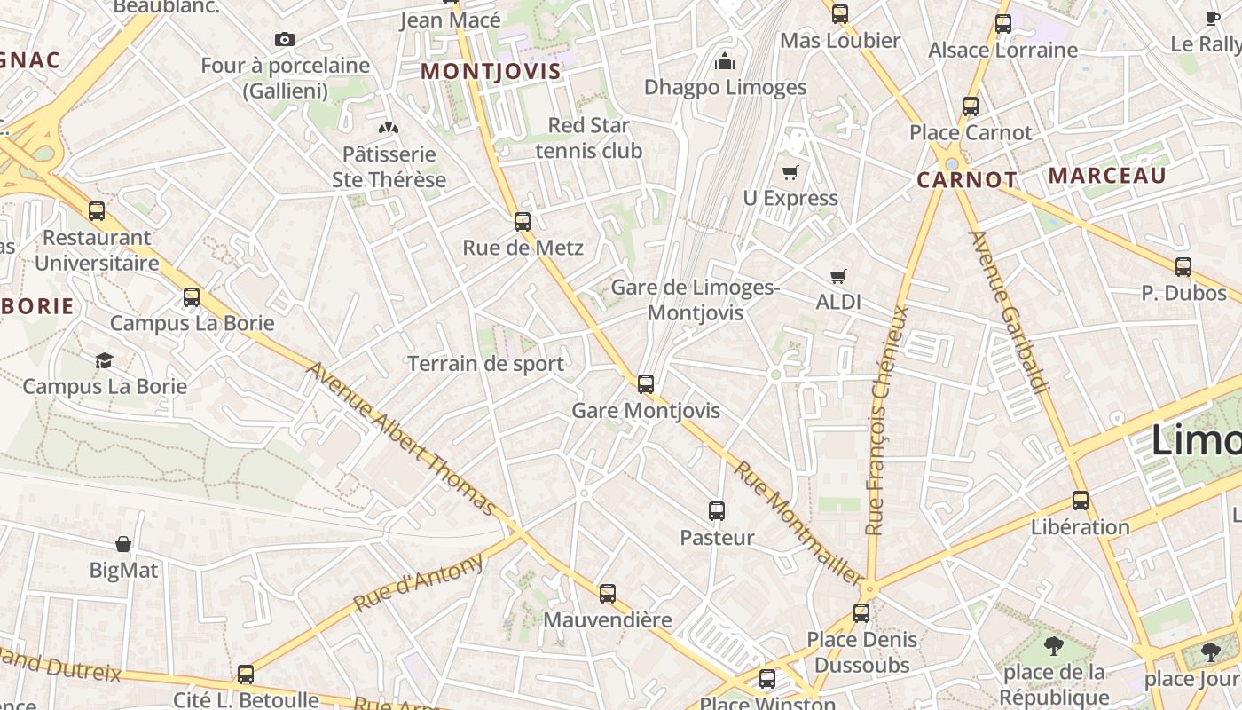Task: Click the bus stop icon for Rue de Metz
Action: (523, 221)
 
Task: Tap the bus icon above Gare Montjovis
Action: (646, 384)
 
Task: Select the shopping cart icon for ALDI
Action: (838, 276)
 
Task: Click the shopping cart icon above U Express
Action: (790, 172)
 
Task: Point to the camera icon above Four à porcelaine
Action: (284, 39)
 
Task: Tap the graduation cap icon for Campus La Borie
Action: (105, 360)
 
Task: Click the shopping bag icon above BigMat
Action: (123, 543)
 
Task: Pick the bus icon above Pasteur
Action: (717, 511)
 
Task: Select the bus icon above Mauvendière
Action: (608, 593)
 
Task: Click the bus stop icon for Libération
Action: (1080, 500)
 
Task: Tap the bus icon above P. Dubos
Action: (1183, 266)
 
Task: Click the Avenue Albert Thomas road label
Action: (400, 438)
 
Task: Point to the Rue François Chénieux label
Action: (888, 420)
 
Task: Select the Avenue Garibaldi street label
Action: (1010, 311)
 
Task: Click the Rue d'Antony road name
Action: (419, 582)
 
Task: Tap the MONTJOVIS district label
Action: (491, 71)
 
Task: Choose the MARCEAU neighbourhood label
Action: (1107, 175)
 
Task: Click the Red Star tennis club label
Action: (588, 138)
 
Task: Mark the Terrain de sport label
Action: (485, 363)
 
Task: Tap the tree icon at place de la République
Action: (1054, 645)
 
